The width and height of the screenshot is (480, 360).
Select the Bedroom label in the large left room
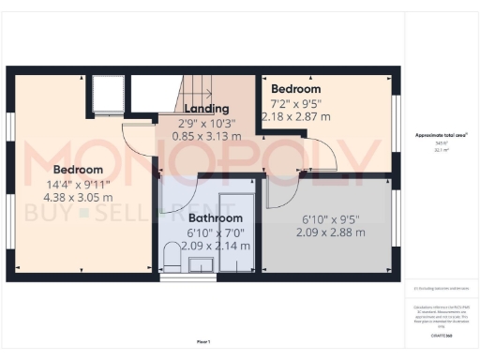(x=77, y=170)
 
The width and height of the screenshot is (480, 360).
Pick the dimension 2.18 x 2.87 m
(x=300, y=116)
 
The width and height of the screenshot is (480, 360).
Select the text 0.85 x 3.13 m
(x=206, y=136)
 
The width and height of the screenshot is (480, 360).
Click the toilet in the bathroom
(x=172, y=255)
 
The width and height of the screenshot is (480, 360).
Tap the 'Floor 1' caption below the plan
(x=203, y=341)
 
